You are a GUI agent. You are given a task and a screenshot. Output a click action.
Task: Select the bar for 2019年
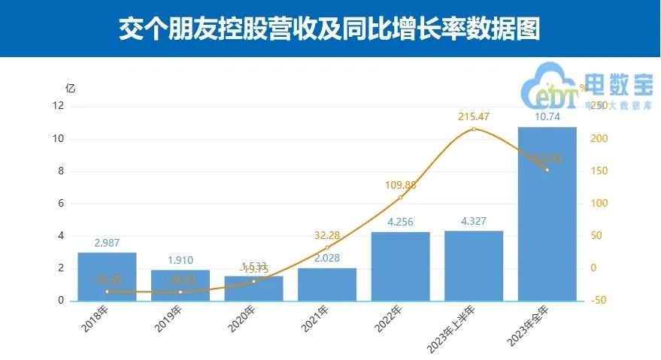tap(180, 286)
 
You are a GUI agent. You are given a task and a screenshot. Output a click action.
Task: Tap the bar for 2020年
tap(253, 289)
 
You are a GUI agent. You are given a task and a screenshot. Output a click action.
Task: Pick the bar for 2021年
tap(327, 285)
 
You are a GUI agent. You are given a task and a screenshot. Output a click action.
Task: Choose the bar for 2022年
tap(400, 267)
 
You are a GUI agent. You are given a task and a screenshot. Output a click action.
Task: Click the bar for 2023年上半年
tap(474, 266)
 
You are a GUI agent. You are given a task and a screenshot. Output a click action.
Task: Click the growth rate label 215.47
tap(473, 116)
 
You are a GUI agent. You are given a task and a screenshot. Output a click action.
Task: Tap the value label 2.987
tap(107, 243)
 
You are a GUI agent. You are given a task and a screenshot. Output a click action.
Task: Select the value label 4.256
tap(400, 222)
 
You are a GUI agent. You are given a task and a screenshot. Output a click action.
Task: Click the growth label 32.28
tap(327, 236)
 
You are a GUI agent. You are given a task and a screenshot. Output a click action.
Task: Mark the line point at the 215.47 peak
tap(473, 129)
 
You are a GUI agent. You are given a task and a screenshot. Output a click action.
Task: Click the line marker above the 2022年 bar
tap(400, 198)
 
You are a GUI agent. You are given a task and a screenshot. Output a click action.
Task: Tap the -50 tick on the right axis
tap(596, 301)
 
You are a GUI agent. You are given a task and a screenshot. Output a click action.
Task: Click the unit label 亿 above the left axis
tap(71, 88)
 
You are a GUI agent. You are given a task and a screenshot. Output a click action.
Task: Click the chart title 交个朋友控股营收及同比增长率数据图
tap(330, 29)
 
